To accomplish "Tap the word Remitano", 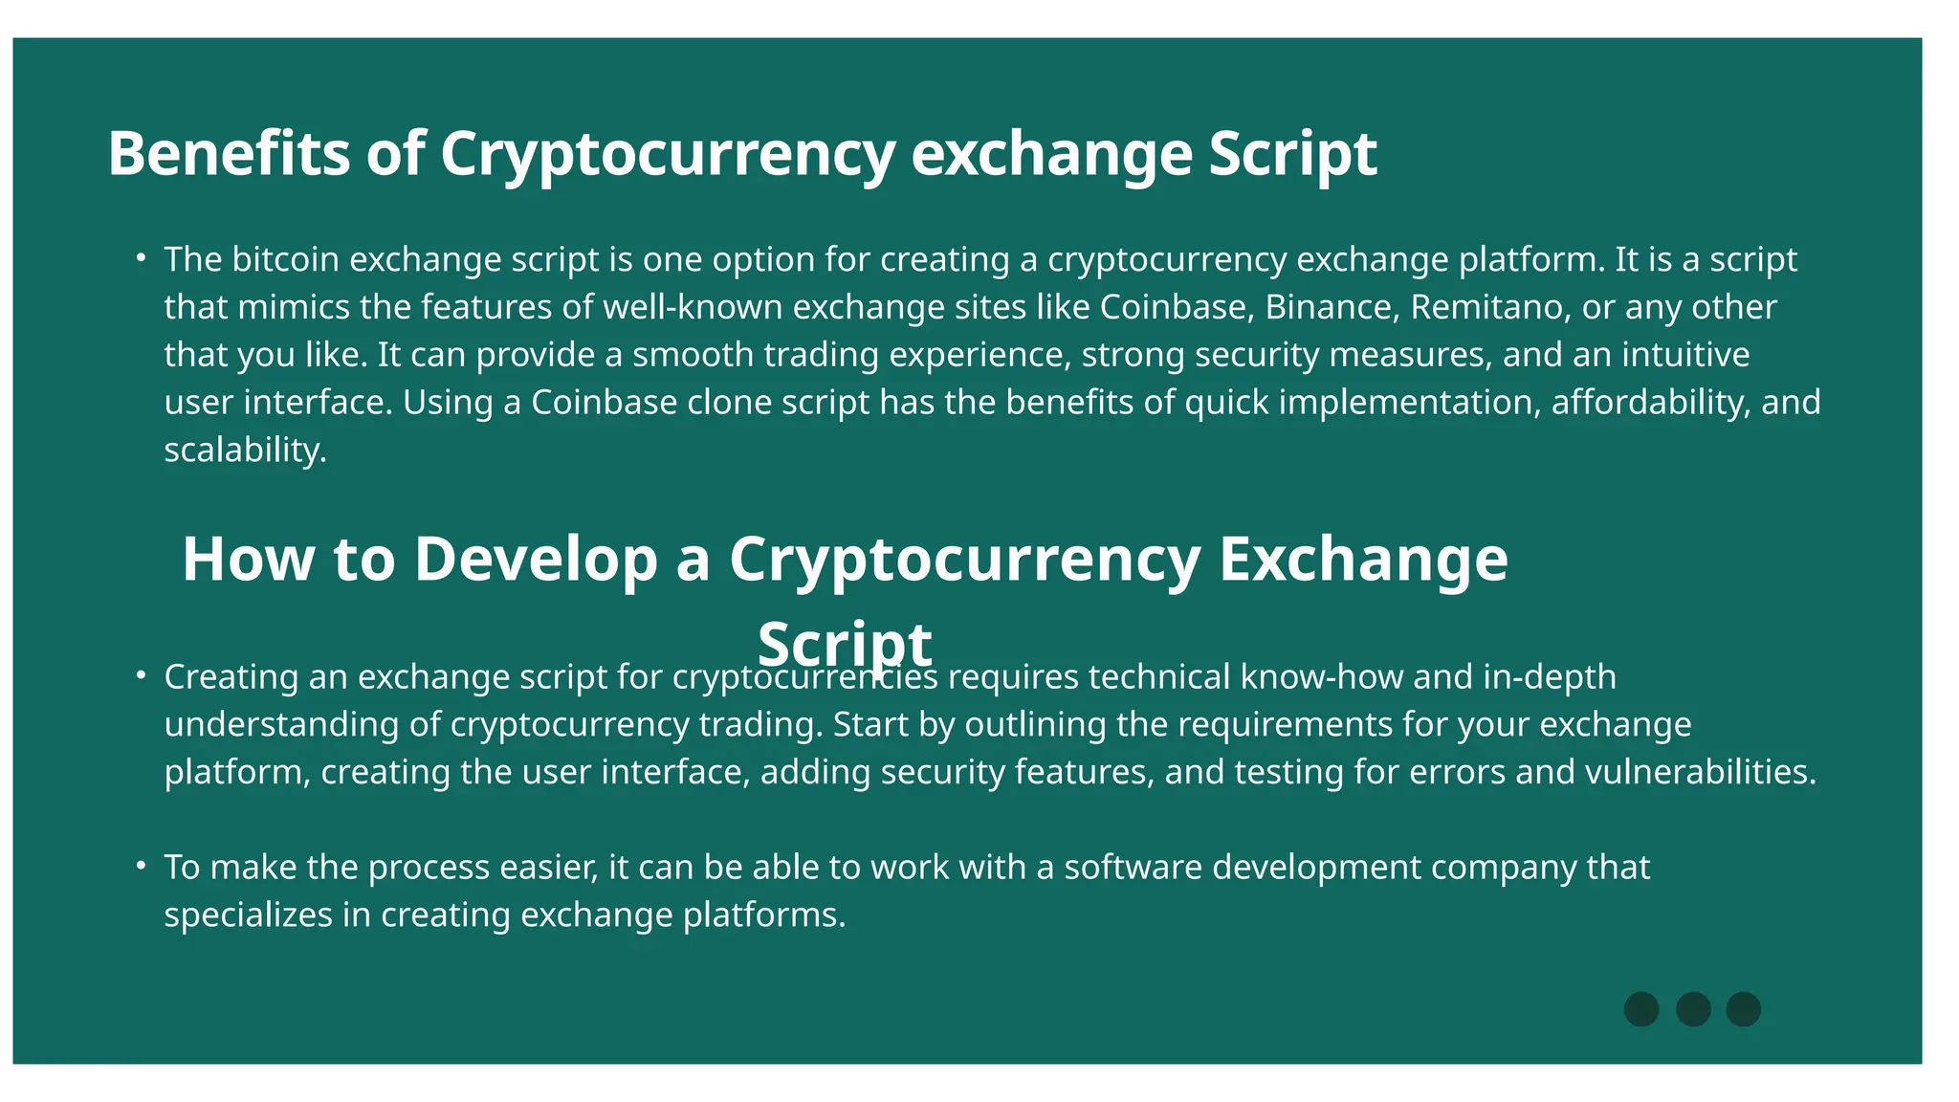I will [1487, 307].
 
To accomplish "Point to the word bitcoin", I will [285, 259].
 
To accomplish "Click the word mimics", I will [294, 307].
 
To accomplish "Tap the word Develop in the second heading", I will [536, 559].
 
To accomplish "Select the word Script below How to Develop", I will [845, 643].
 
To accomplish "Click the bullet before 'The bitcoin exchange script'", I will [141, 257].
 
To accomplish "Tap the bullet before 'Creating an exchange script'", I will [141, 675].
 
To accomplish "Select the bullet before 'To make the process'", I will [141, 866].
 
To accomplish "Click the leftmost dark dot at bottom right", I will [1641, 1009].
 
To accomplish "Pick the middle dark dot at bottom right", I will [1693, 1009].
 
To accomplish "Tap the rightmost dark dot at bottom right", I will [1743, 1009].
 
